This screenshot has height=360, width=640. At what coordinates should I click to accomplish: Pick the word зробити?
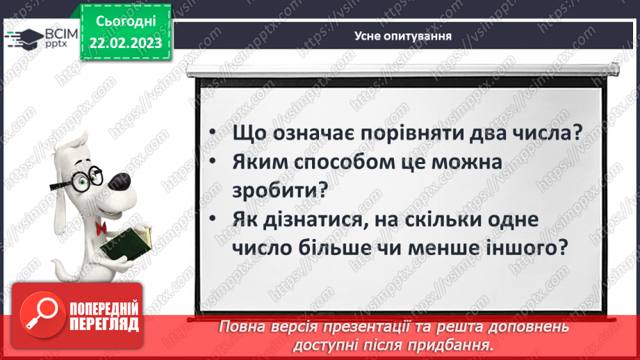pyautogui.click(x=276, y=190)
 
